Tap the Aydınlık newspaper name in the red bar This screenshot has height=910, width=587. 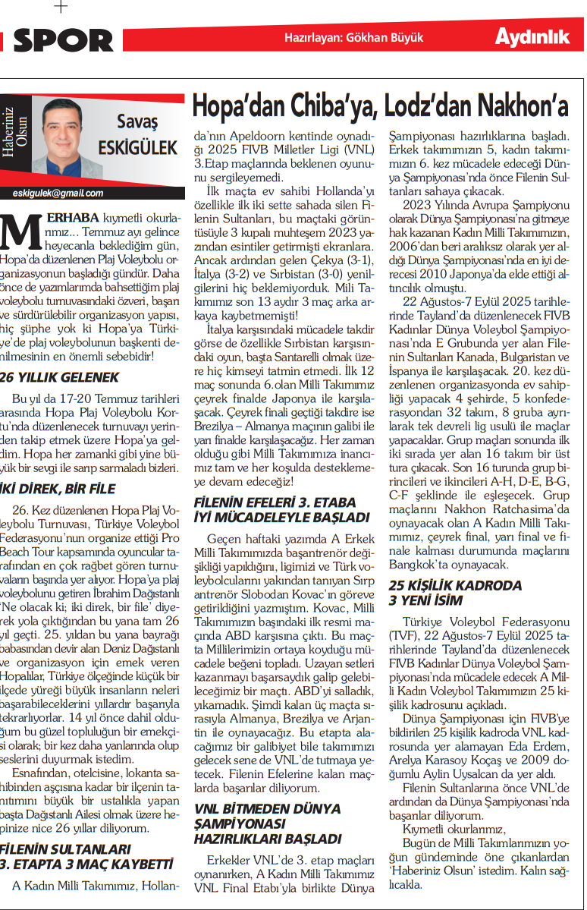tap(532, 36)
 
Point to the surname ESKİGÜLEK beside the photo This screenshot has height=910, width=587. tap(137, 149)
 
